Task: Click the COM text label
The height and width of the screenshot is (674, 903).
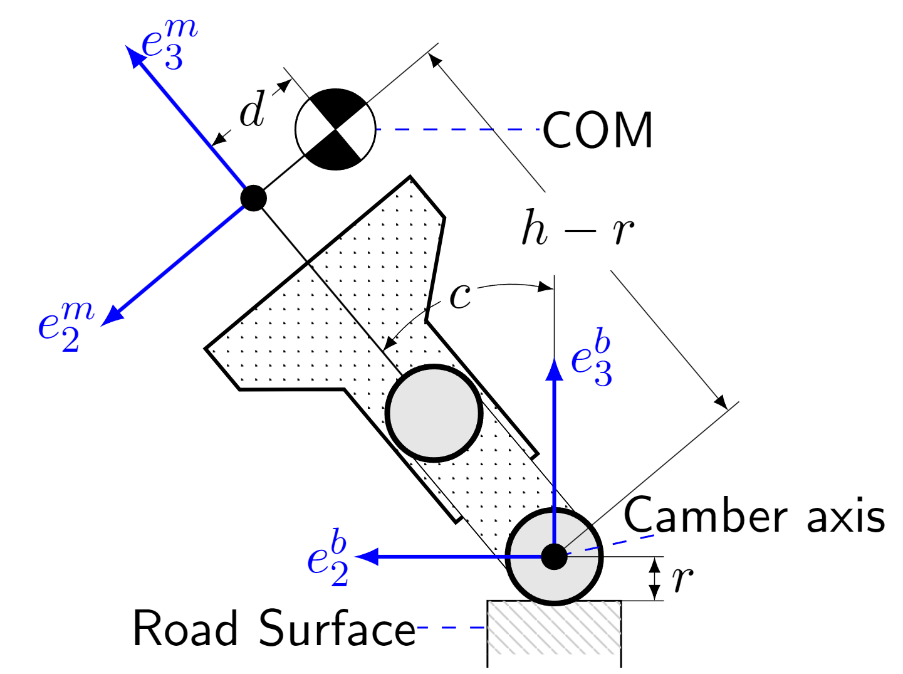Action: (598, 130)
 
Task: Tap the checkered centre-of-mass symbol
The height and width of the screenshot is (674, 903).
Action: (336, 129)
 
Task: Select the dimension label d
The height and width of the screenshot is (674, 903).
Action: (252, 111)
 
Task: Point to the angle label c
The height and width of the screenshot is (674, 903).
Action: (461, 296)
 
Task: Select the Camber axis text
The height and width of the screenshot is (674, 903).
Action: (754, 517)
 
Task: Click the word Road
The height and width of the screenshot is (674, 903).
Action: (185, 628)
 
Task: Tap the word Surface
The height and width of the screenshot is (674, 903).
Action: (337, 628)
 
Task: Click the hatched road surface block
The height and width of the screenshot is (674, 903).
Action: (555, 633)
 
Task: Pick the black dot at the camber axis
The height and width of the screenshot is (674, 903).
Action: (554, 556)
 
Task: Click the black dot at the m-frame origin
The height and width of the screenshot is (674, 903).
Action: (254, 198)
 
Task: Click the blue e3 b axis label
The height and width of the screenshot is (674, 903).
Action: (591, 359)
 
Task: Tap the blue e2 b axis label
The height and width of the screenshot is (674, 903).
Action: (328, 559)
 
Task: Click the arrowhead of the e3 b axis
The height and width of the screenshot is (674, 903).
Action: (555, 368)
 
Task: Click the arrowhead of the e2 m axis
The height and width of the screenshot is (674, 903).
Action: (112, 316)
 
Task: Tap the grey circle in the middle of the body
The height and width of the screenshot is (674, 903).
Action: (434, 413)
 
